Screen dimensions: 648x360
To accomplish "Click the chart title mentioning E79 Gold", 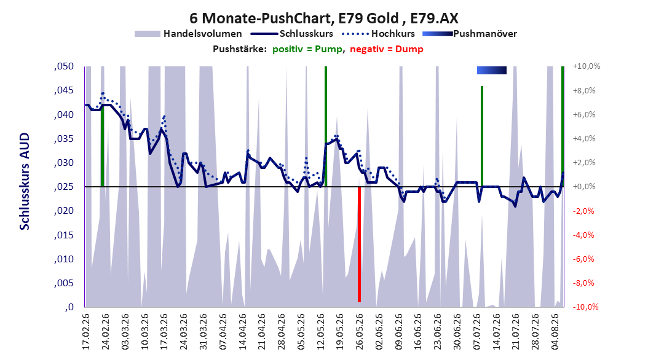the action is click(323, 18).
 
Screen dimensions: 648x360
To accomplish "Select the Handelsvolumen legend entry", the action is click(188, 34).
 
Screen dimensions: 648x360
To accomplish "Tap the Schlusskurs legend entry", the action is click(292, 34).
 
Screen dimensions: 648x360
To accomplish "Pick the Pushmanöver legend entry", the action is click(470, 34).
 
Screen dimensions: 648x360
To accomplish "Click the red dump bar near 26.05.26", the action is click(359, 245).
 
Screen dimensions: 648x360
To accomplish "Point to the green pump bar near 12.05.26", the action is click(326, 127).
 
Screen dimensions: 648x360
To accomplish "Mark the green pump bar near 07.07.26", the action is click(482, 136).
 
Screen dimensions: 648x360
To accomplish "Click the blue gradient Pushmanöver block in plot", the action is click(491, 70).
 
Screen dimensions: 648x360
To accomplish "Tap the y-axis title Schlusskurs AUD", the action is click(25, 181).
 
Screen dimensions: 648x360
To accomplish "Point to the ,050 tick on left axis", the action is click(64, 66).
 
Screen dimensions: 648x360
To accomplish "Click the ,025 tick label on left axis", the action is click(64, 187).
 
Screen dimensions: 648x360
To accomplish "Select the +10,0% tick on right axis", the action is click(587, 66).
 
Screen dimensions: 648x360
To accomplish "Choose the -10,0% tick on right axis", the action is click(585, 307).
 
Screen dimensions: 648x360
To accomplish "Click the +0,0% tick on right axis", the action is click(584, 187).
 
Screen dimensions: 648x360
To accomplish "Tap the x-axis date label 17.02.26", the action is click(86, 332).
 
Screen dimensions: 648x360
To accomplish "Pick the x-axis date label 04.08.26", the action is click(555, 332).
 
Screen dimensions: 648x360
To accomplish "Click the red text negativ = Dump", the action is click(387, 49).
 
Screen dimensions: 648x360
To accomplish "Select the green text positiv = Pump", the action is click(307, 49).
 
